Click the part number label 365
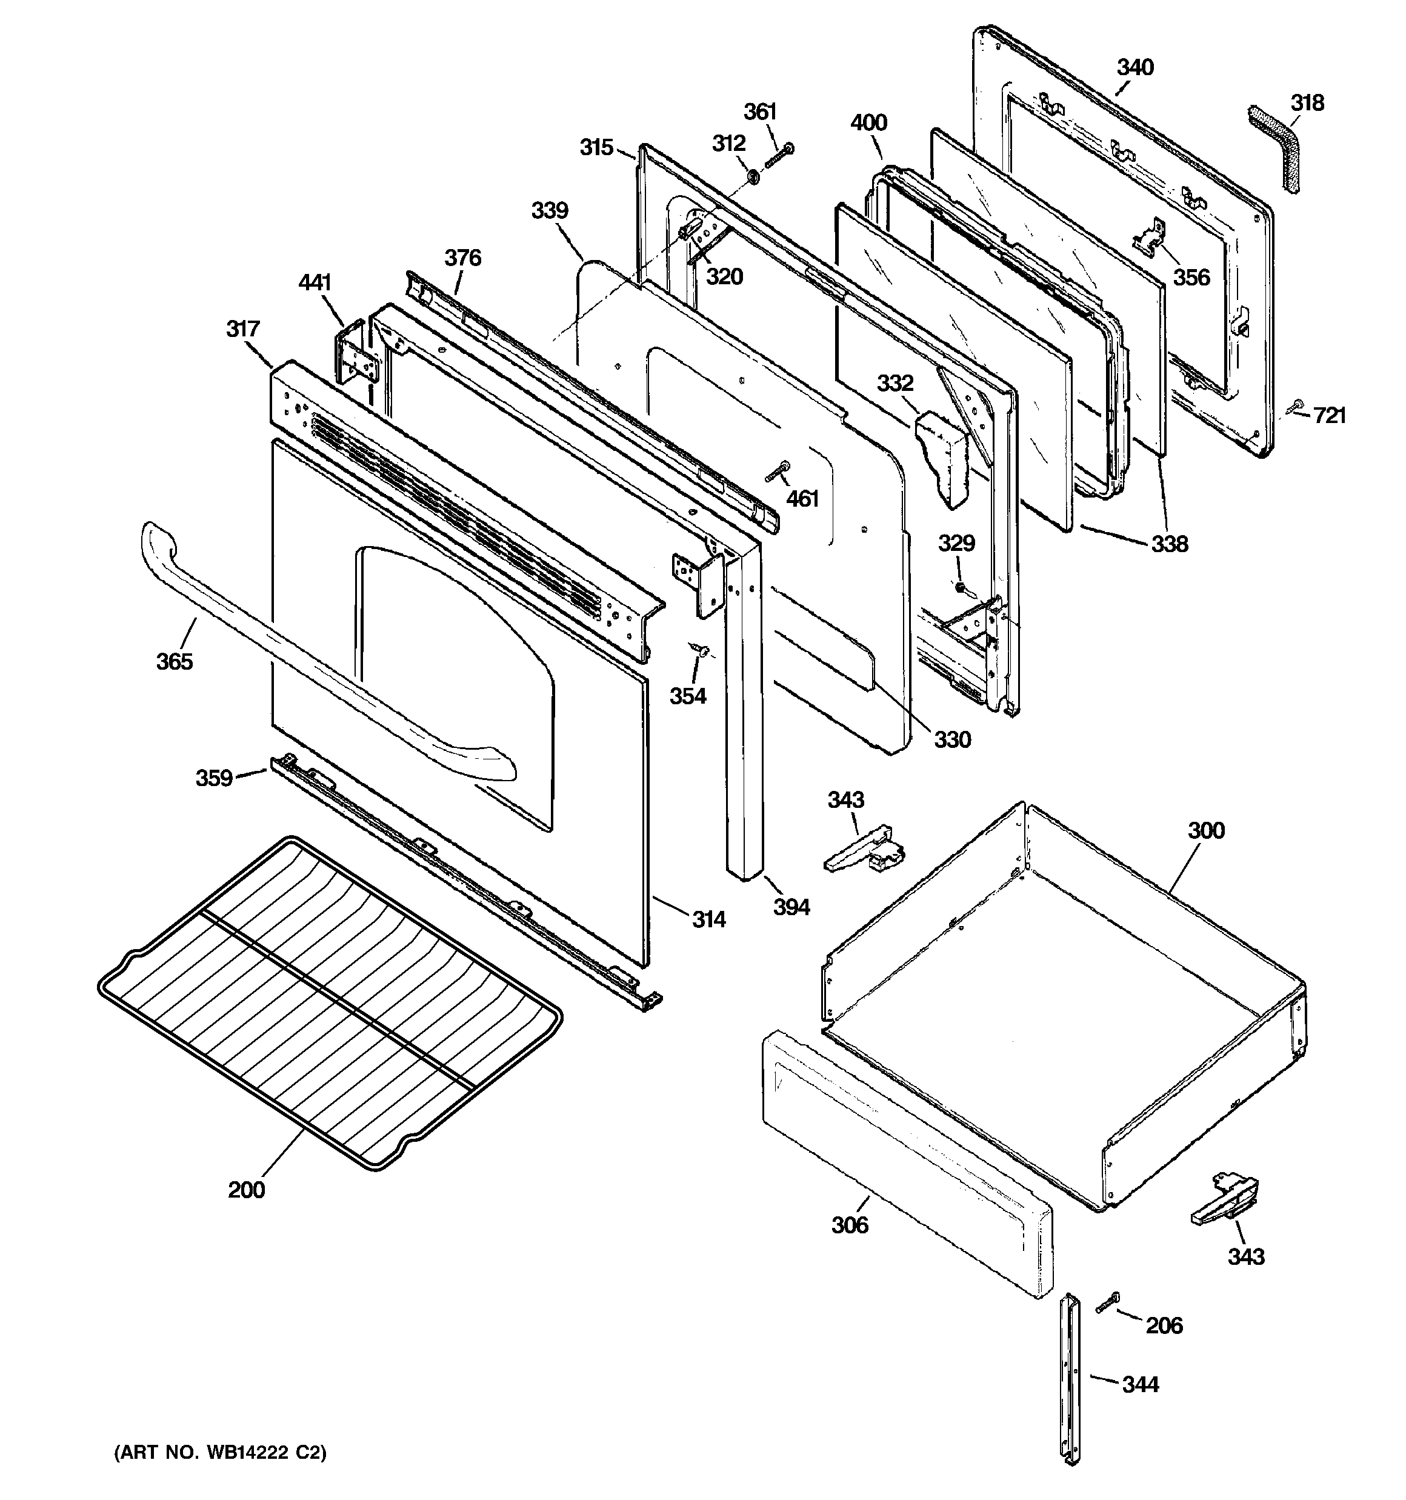coord(175,661)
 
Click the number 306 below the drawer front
coord(850,1225)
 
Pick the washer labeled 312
coord(753,176)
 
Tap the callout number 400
coord(868,122)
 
